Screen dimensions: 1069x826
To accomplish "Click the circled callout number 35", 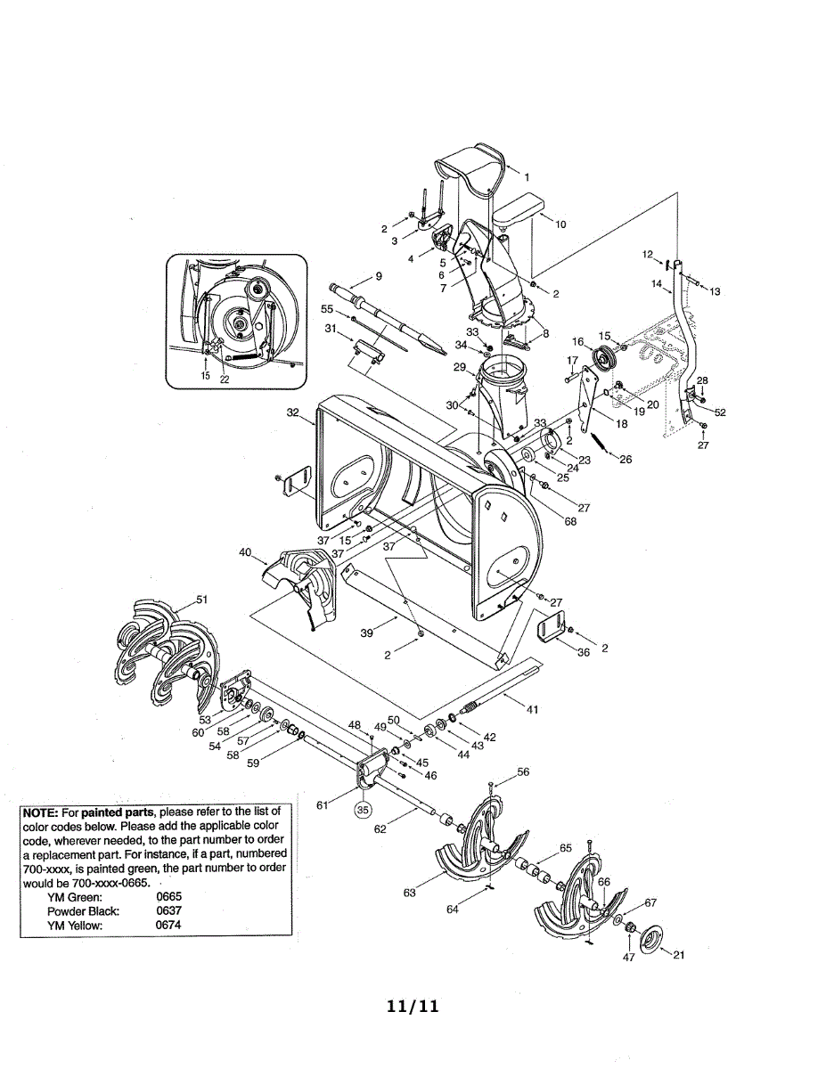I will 363,811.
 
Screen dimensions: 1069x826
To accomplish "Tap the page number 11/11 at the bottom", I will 413,1007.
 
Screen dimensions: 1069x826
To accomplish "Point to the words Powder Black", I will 83,911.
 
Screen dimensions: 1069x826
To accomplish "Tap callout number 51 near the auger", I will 201,600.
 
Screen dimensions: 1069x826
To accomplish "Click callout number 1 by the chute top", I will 527,176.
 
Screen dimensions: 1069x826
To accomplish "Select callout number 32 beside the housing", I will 292,412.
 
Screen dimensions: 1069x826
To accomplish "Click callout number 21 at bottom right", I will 679,956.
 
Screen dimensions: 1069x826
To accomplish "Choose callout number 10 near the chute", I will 560,224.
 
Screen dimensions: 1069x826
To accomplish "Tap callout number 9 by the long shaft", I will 379,276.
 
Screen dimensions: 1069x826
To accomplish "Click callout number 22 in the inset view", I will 225,376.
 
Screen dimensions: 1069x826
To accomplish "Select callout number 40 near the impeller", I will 245,552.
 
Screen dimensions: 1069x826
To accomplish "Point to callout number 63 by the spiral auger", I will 409,893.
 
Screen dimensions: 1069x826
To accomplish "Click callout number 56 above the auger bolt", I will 523,772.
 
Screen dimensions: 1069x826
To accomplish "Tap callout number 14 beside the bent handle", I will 657,284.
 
